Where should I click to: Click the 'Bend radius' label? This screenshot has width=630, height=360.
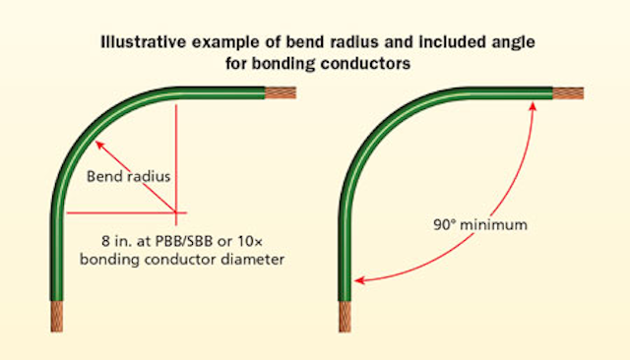tap(133, 177)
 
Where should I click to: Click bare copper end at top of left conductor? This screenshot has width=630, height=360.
tap(280, 94)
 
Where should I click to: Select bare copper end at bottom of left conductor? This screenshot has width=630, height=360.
tap(54, 317)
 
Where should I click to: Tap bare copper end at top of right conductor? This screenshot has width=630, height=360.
tap(568, 94)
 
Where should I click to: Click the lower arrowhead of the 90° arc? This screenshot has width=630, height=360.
tap(360, 281)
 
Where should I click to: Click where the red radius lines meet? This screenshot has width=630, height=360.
tap(176, 211)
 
